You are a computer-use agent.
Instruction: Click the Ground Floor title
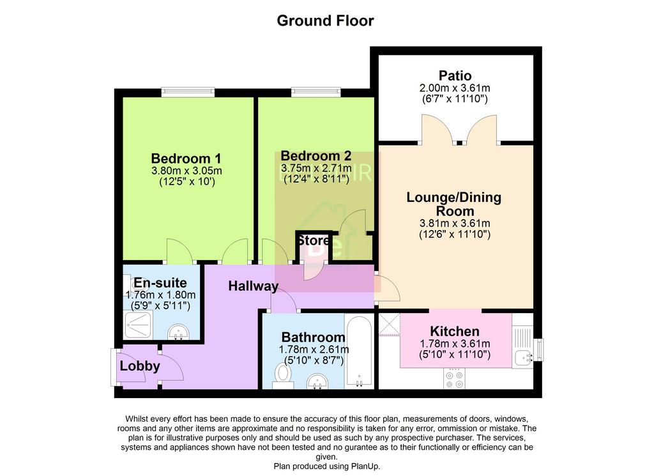(x=325, y=20)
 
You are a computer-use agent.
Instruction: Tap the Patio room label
(x=455, y=75)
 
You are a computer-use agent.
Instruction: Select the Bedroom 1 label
(x=186, y=158)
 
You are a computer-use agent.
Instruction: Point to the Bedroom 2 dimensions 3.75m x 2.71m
(x=316, y=168)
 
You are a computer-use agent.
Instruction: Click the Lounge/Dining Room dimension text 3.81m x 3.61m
(x=455, y=223)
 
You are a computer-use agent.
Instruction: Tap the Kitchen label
(x=455, y=331)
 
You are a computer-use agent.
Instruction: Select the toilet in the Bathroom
(x=283, y=375)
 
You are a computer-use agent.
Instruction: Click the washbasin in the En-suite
(x=179, y=333)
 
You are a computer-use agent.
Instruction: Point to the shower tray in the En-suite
(x=138, y=325)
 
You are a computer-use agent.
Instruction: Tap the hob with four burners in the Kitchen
(x=454, y=378)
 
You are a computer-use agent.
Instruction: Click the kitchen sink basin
(x=522, y=358)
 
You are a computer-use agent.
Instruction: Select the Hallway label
(x=253, y=286)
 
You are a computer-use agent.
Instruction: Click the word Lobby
(x=140, y=366)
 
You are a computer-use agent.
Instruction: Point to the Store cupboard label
(x=313, y=241)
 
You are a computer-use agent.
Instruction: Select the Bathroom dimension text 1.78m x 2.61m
(x=314, y=349)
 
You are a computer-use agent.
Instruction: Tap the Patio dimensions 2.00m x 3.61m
(x=455, y=88)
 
